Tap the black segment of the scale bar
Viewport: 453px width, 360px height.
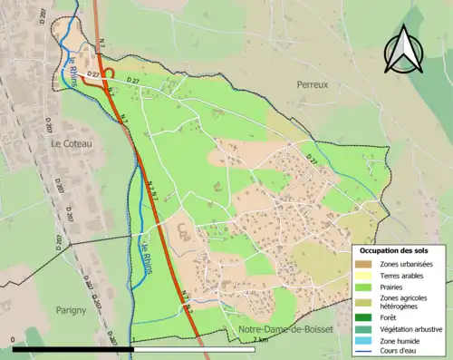tap(72, 348)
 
